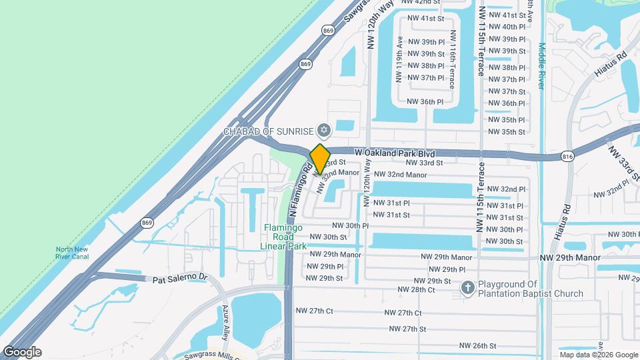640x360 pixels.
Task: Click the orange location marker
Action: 321,159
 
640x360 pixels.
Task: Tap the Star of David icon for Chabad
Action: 325,129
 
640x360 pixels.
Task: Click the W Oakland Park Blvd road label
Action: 394,153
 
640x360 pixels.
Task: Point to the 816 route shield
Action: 567,156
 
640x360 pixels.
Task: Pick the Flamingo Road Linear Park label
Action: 283,237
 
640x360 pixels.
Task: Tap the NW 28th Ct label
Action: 416,289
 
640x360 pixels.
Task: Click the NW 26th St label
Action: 478,345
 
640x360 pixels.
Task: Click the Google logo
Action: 22,352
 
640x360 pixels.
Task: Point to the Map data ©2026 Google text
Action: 599,355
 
